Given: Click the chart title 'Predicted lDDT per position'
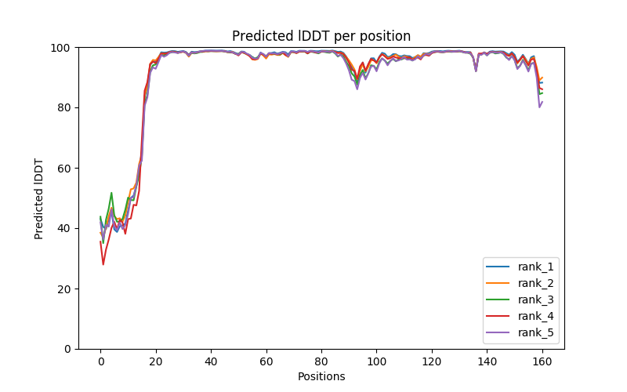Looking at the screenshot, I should pyautogui.click(x=321, y=36).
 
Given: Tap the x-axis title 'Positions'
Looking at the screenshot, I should pyautogui.click(x=321, y=376).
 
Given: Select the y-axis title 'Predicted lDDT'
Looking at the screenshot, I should pyautogui.click(x=39, y=198).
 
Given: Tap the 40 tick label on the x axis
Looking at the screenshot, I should pyautogui.click(x=211, y=361).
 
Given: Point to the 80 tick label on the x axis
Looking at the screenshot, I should pyautogui.click(x=321, y=361).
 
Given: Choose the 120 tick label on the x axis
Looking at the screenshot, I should pyautogui.click(x=432, y=361).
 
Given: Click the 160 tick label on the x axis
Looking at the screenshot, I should pyautogui.click(x=542, y=361).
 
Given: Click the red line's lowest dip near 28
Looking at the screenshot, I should pyautogui.click(x=103, y=264).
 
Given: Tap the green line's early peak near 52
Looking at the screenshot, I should pyautogui.click(x=111, y=193).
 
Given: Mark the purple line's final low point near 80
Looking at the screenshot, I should pyautogui.click(x=539, y=107).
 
